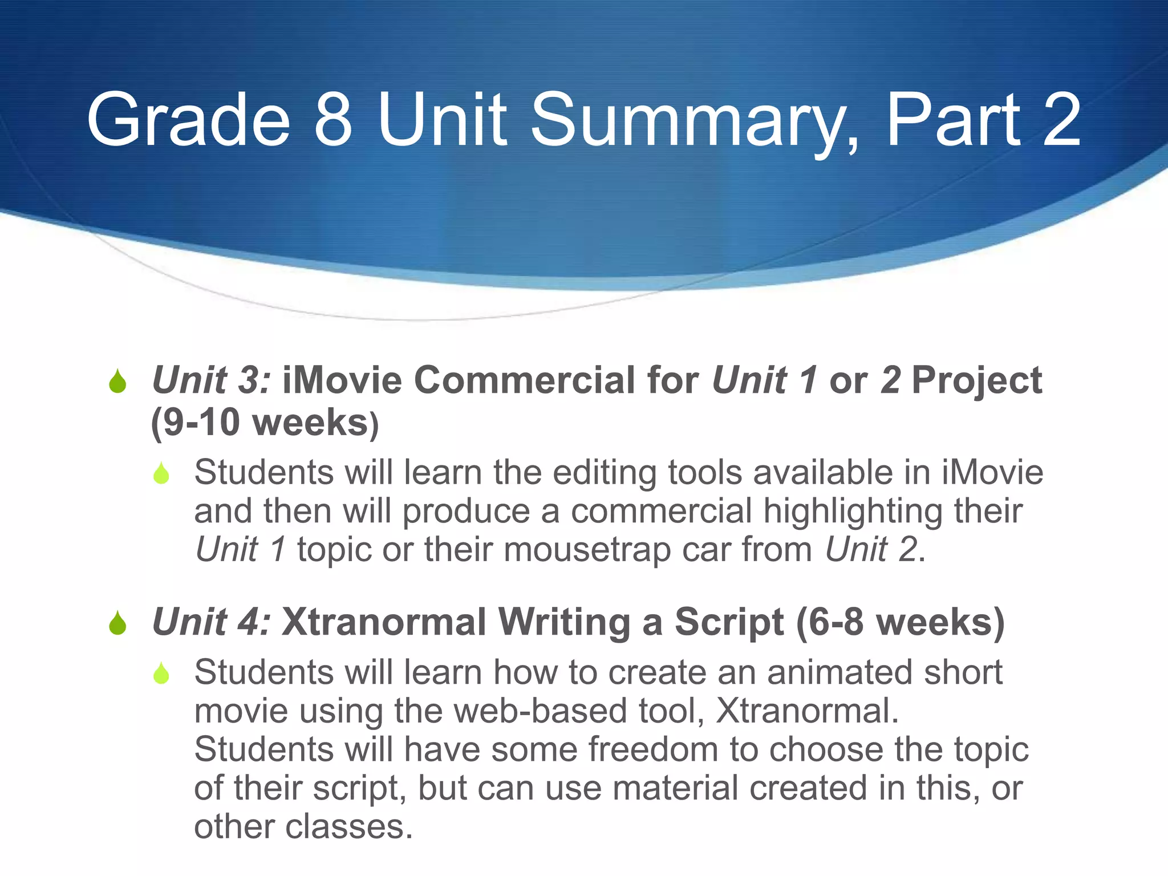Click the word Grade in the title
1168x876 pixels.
tap(188, 121)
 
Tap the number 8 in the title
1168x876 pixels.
tap(334, 121)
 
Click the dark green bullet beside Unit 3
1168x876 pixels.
tap(117, 382)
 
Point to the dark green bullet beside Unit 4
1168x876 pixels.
tap(117, 623)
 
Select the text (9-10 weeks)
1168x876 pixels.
tap(265, 423)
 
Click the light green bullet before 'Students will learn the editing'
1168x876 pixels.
tap(161, 473)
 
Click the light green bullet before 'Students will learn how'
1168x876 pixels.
tap(161, 674)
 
